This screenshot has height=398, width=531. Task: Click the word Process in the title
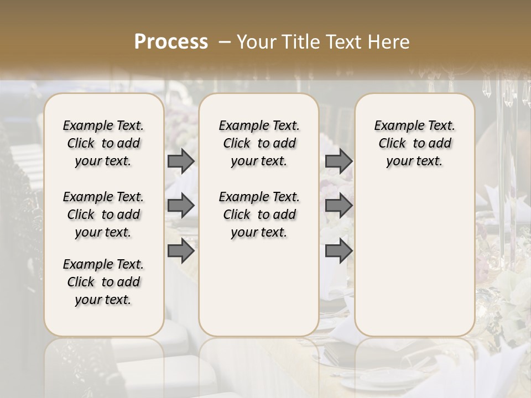click(171, 42)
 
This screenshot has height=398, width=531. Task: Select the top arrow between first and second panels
click(181, 161)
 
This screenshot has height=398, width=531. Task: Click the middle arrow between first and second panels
click(181, 206)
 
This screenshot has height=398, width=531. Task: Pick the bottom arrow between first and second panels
click(181, 251)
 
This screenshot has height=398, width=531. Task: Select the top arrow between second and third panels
click(339, 161)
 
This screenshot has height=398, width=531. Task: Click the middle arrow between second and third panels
click(339, 206)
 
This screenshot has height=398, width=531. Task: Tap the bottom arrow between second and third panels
click(339, 251)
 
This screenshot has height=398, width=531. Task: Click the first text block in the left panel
click(103, 143)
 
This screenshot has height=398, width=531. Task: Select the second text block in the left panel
click(103, 214)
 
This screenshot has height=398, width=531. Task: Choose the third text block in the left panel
click(103, 282)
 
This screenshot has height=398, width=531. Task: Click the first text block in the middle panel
click(259, 143)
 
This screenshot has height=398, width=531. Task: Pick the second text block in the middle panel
click(259, 214)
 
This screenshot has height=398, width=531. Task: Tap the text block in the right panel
click(414, 143)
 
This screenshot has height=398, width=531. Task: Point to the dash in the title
click(225, 42)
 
